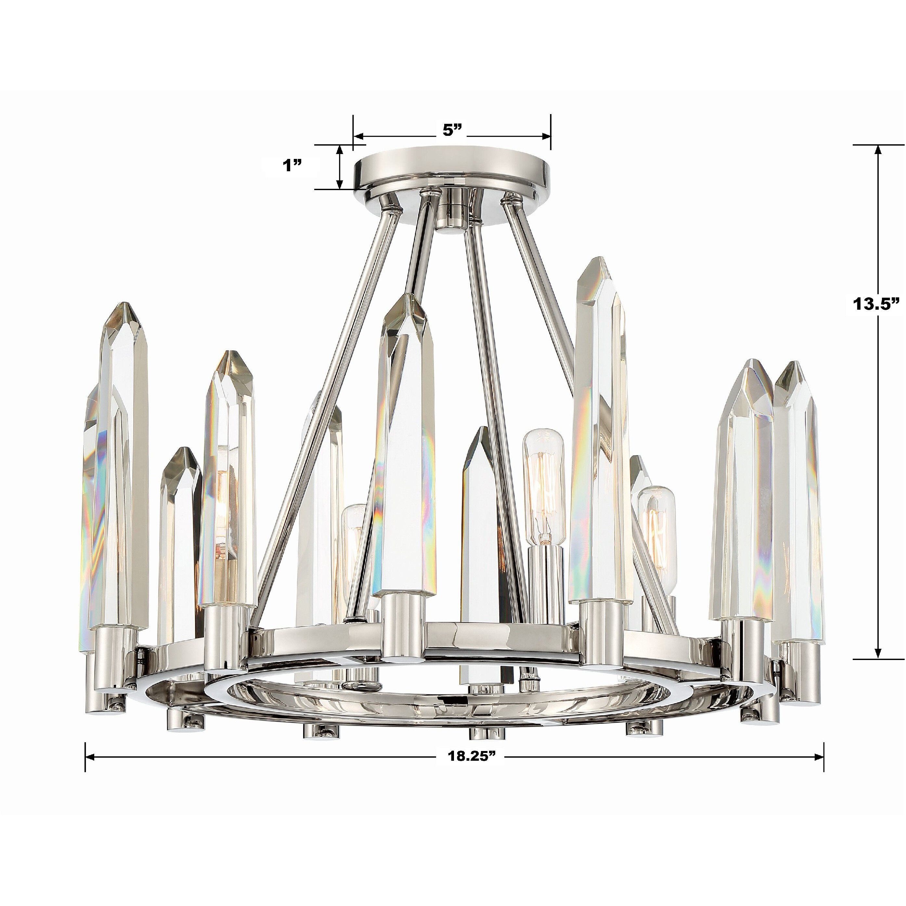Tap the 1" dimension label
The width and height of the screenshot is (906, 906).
point(292,165)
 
